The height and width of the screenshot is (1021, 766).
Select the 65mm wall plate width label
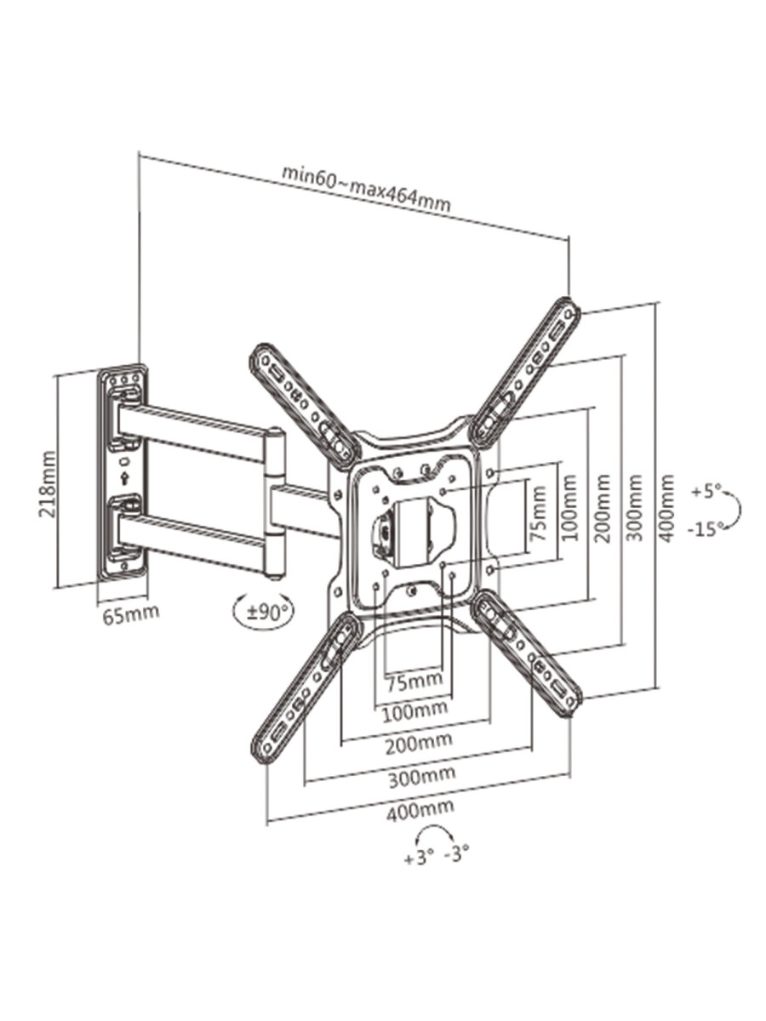pos(131,614)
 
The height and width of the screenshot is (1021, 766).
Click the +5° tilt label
pos(706,491)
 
